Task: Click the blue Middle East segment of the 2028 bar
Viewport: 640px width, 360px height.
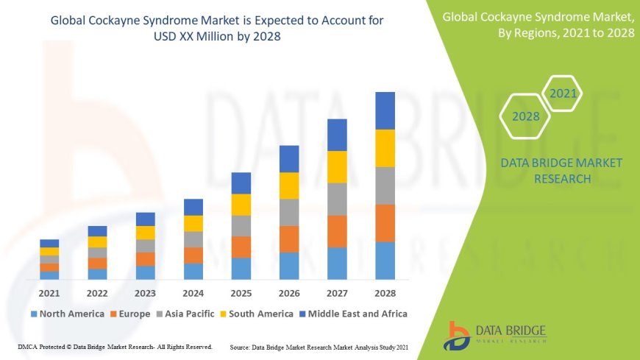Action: [385, 110]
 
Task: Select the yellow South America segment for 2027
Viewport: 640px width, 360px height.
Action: [337, 166]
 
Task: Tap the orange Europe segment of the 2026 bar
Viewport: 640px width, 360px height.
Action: [289, 239]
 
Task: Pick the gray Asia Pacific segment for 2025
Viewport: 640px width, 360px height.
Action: [241, 225]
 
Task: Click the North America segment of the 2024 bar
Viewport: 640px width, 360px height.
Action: [193, 271]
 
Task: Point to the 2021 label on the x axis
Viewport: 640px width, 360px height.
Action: [49, 293]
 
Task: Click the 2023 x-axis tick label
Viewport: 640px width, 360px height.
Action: [145, 293]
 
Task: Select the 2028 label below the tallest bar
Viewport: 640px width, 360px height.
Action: [385, 293]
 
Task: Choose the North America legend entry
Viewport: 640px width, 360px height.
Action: [67, 314]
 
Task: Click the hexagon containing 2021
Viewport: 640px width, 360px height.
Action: [563, 93]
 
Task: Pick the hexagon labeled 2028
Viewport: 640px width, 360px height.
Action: [525, 116]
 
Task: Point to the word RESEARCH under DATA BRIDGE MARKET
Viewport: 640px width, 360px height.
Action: [561, 179]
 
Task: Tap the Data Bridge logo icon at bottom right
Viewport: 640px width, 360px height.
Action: [457, 336]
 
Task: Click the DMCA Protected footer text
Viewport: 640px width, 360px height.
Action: [114, 347]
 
